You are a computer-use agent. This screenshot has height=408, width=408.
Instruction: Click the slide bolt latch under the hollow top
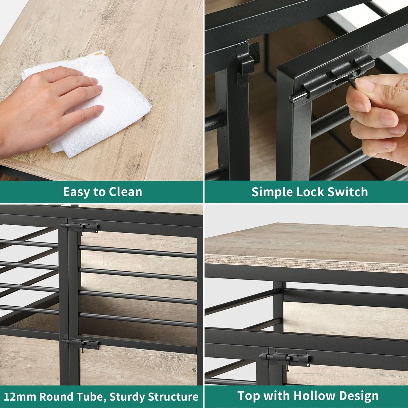[x=285, y=358]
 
